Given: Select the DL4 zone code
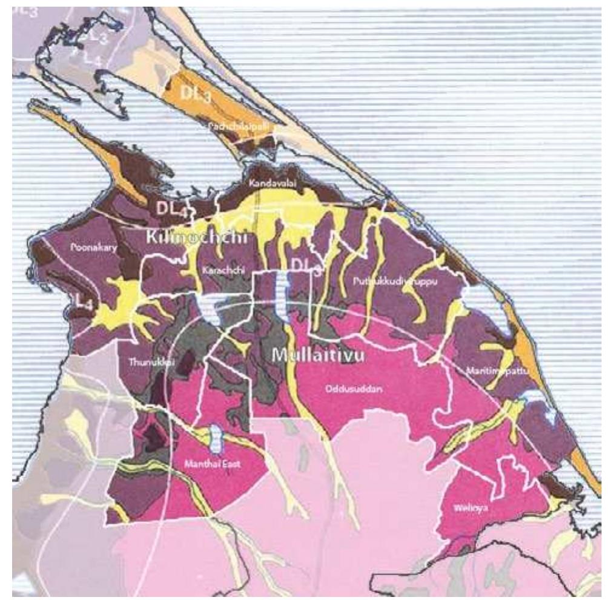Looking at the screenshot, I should coord(171,209).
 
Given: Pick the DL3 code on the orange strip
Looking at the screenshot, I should coord(195,94).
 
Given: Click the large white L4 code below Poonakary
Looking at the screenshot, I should coord(81,302).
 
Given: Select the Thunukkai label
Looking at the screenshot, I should coord(144,362).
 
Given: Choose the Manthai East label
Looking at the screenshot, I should coord(213,464).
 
